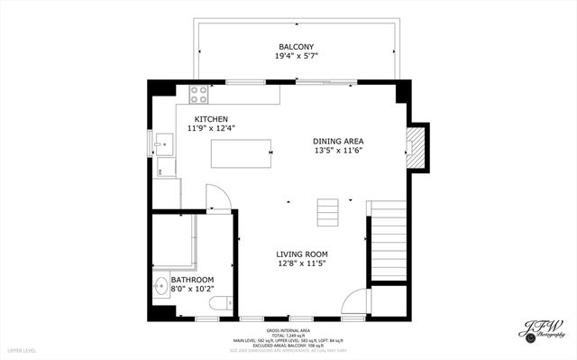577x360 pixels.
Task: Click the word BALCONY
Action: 296,46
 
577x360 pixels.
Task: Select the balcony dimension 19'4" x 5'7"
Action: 296,57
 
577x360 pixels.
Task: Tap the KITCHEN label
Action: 210,119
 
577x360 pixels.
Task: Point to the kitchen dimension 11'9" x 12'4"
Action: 210,129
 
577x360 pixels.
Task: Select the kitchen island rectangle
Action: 242,154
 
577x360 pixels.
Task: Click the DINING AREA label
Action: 338,141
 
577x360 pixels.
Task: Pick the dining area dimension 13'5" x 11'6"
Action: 338,151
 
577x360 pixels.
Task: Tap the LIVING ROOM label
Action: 301,254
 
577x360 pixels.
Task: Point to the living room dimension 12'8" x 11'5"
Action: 301,264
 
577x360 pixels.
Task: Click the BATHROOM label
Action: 191,280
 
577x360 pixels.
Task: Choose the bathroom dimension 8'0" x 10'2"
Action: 191,290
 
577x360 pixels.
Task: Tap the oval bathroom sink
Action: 160,289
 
